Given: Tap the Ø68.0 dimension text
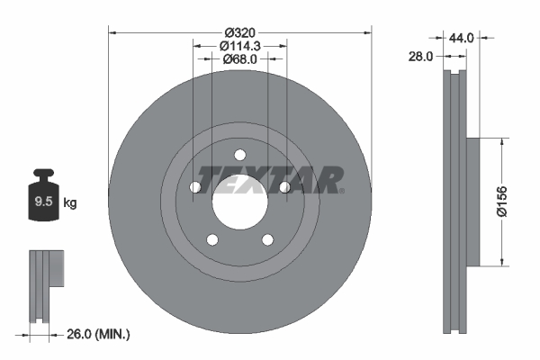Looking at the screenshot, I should [239, 58].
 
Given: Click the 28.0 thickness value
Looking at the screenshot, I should [420, 56].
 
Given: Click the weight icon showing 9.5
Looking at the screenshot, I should [42, 200].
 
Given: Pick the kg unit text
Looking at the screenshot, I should [70, 203].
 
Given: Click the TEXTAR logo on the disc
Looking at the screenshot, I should [270, 179].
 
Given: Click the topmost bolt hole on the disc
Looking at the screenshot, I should [239, 154].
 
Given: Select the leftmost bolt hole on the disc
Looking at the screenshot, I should [195, 186].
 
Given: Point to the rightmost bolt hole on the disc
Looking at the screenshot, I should [284, 186].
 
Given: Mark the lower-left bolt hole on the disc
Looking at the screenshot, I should [212, 238].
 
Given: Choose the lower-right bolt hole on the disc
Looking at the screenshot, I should [267, 238].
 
